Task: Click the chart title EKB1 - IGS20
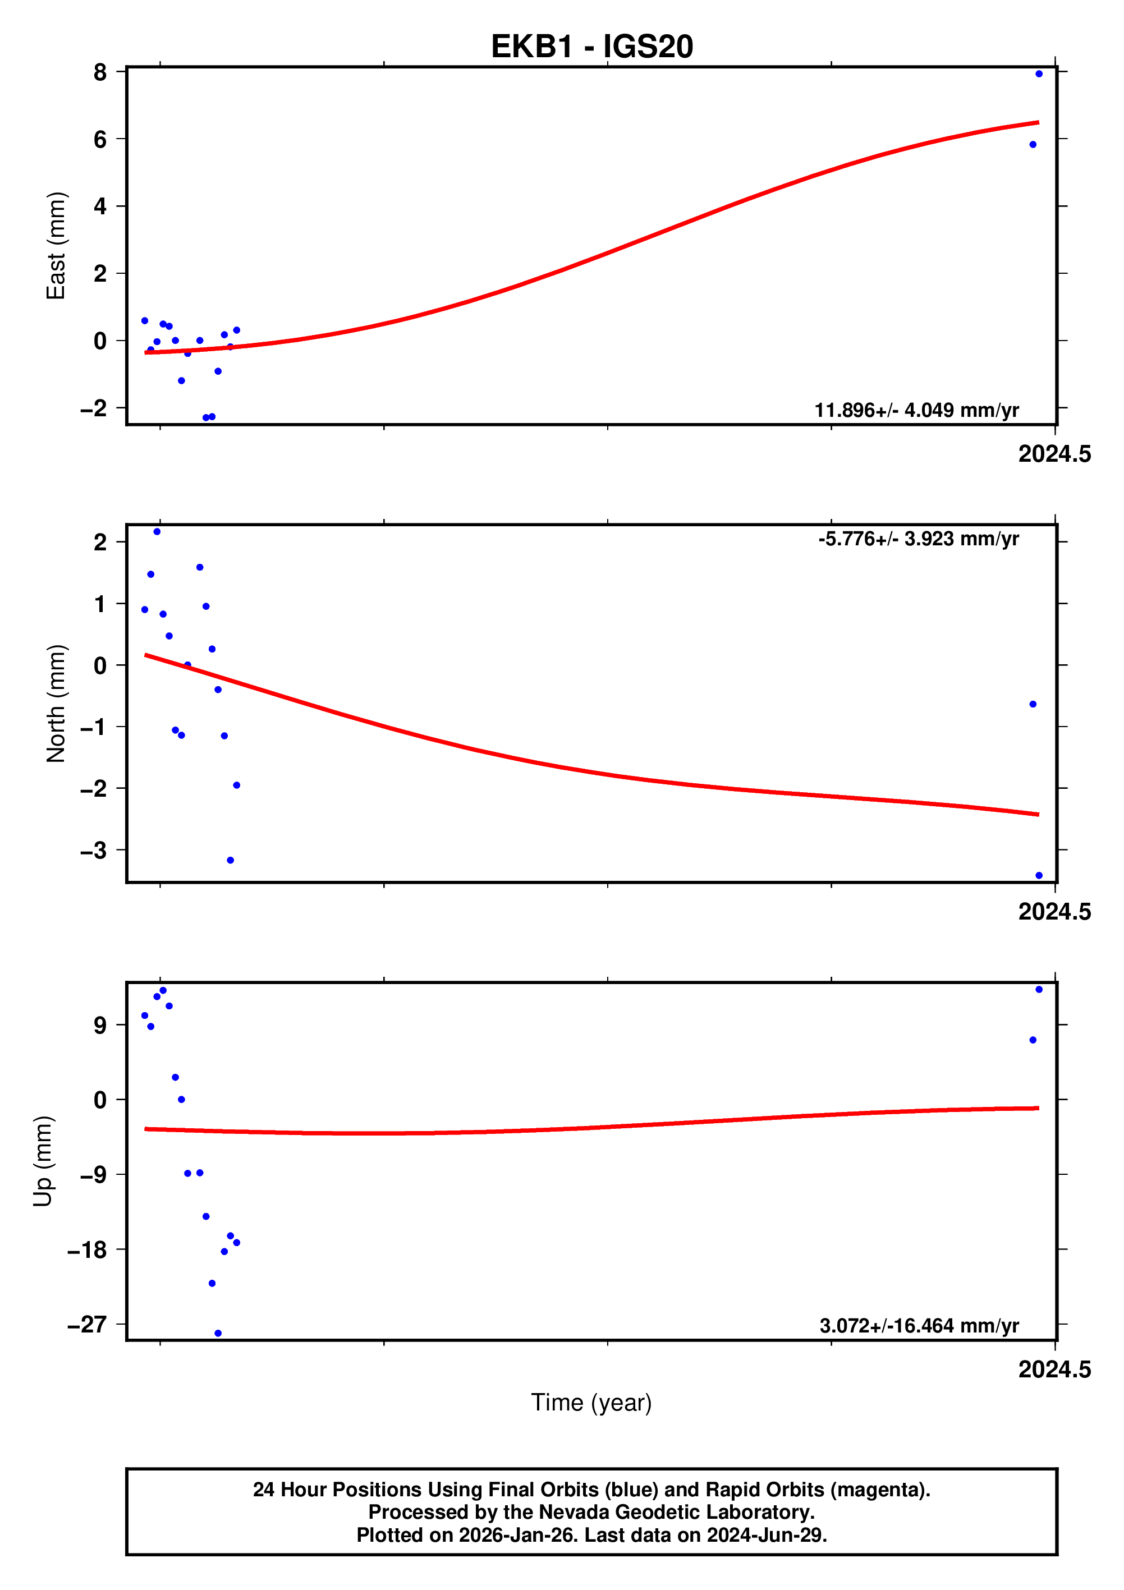pyautogui.click(x=591, y=47)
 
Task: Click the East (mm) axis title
pyautogui.click(x=56, y=246)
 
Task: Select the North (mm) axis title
pyautogui.click(x=56, y=704)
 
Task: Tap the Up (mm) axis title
pyautogui.click(x=43, y=1161)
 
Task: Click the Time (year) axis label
pyautogui.click(x=591, y=1401)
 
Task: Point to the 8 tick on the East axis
pyautogui.click(x=100, y=72)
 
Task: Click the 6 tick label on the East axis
pyautogui.click(x=100, y=139)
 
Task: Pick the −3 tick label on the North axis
pyautogui.click(x=94, y=851)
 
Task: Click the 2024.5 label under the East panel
pyautogui.click(x=1054, y=454)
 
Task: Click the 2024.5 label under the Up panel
pyautogui.click(x=1054, y=1369)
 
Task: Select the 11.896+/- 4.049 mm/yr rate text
pyautogui.click(x=916, y=410)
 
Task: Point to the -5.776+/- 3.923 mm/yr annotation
pyautogui.click(x=918, y=539)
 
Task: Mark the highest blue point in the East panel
pyautogui.click(x=1039, y=74)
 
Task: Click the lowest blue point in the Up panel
pyautogui.click(x=218, y=1333)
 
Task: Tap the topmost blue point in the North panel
pyautogui.click(x=157, y=532)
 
